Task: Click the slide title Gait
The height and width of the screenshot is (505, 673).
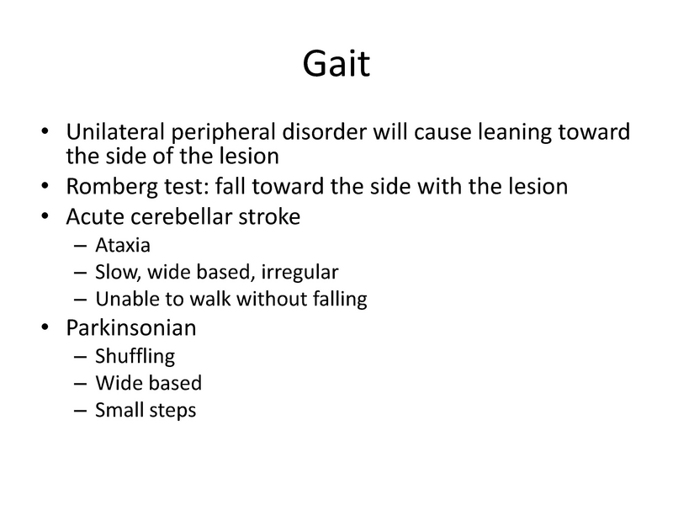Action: (336, 66)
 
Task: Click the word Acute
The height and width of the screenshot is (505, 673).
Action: (91, 216)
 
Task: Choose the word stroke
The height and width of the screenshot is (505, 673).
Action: (272, 216)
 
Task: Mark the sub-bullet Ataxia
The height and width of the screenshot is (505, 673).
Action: (123, 246)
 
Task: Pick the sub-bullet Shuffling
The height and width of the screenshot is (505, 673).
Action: (135, 357)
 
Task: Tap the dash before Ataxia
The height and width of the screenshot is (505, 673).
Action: (79, 247)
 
